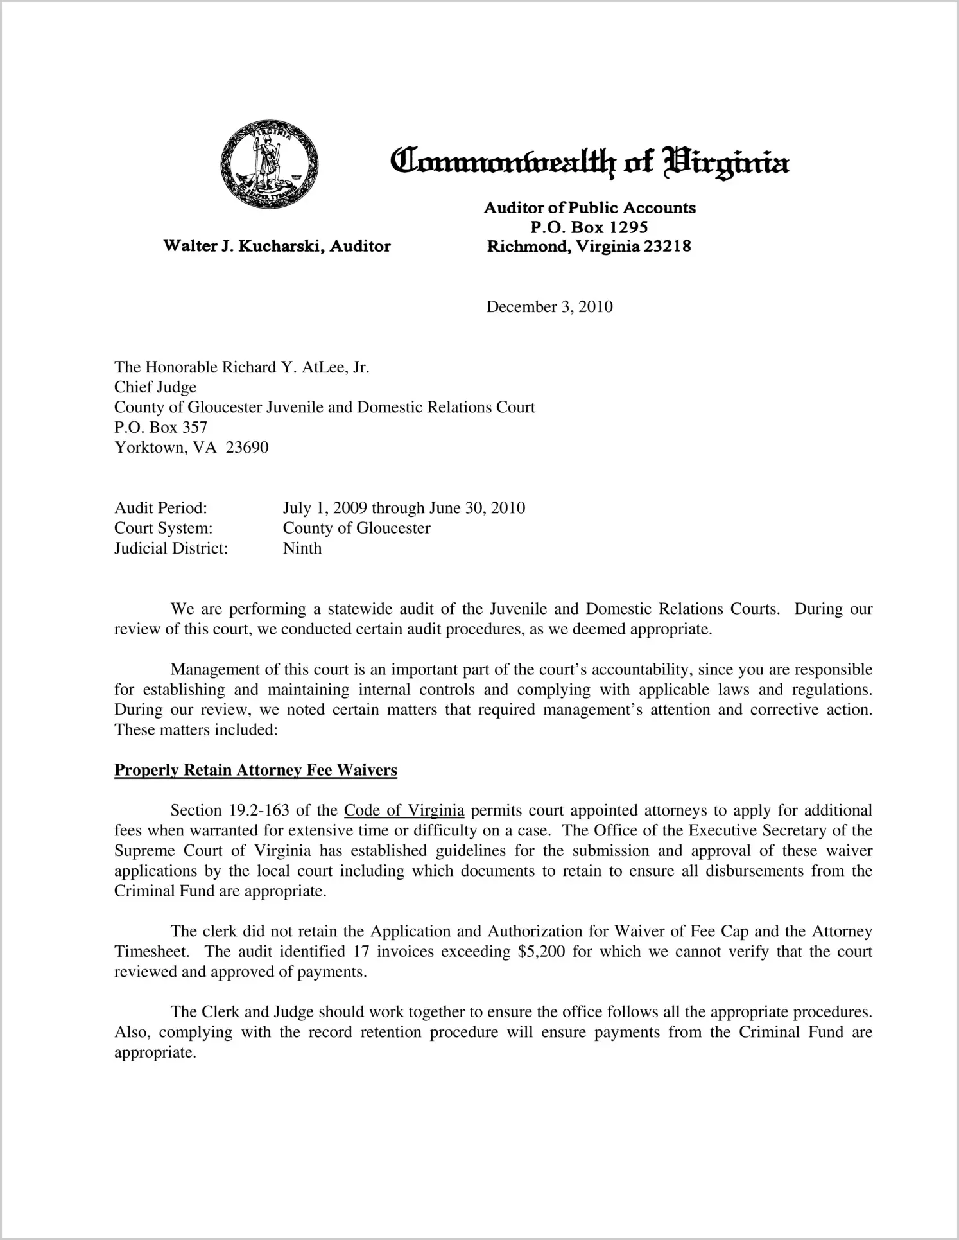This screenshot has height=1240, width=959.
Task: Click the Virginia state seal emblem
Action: pos(268,164)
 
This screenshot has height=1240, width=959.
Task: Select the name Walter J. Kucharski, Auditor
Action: pos(277,246)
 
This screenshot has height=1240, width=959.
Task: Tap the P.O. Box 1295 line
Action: pos(589,227)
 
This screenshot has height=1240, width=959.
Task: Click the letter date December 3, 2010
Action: pos(549,307)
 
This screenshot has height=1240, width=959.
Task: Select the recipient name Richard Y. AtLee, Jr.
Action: pos(295,367)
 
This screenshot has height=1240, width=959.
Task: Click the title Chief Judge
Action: pos(155,387)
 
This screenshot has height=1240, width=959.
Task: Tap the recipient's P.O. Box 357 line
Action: pos(160,427)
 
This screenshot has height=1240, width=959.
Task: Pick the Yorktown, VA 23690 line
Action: pos(191,447)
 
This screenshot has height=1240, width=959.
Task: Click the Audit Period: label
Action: pos(160,508)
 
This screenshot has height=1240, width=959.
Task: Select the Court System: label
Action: pos(163,528)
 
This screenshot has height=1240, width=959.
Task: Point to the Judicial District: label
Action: pos(171,548)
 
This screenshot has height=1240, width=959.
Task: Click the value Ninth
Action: pos(302,548)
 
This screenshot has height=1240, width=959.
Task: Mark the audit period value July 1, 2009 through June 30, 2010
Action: pos(404,508)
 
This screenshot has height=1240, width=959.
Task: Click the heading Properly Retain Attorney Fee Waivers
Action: pos(255,770)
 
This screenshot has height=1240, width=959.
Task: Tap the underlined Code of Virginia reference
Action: pos(404,810)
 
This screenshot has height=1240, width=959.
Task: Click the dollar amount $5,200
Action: pos(540,951)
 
